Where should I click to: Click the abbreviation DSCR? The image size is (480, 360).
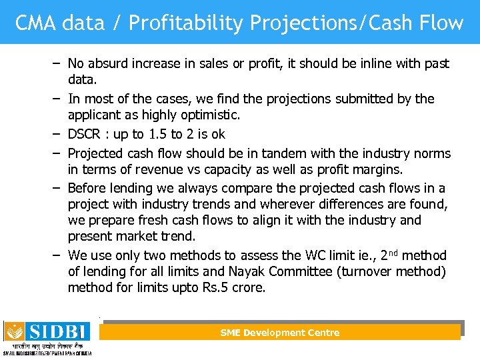[x=87, y=134]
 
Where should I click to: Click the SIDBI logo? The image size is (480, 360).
[x=47, y=332]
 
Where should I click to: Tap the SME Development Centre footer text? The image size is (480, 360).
[x=280, y=333]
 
